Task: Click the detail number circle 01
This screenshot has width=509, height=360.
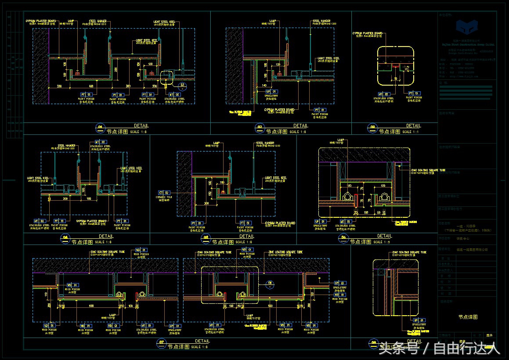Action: pyautogui.click(x=100, y=129)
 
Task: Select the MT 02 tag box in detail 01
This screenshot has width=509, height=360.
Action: pyautogui.click(x=174, y=94)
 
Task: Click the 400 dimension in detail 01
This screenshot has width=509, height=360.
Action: pyautogui.click(x=90, y=86)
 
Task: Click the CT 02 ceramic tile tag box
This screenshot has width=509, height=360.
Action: pyautogui.click(x=164, y=192)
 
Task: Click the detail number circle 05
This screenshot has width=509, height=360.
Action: pyautogui.click(x=205, y=239)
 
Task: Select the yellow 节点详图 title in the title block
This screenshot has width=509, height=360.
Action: pyautogui.click(x=467, y=317)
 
